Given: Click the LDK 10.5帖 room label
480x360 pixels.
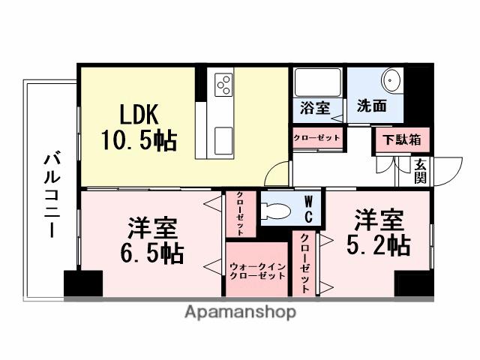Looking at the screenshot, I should pyautogui.click(x=139, y=127).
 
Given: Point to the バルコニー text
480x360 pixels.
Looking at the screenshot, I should pyautogui.click(x=50, y=194).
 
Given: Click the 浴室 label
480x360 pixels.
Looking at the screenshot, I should pyautogui.click(x=315, y=106).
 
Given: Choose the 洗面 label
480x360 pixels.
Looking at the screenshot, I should pyautogui.click(x=372, y=106).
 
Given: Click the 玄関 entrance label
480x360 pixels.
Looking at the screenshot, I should pyautogui.click(x=420, y=171).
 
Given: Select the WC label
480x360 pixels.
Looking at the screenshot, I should pyautogui.click(x=308, y=208).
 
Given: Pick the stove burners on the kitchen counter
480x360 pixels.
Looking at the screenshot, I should pyautogui.click(x=223, y=85).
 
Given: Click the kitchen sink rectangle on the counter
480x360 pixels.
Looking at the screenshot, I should pyautogui.click(x=223, y=139).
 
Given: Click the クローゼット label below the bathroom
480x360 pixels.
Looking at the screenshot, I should pyautogui.click(x=316, y=138).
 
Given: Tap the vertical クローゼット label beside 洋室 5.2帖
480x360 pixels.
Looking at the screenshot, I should pyautogui.click(x=305, y=262).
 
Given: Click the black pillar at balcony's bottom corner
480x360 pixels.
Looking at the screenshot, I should pyautogui.click(x=82, y=284).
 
